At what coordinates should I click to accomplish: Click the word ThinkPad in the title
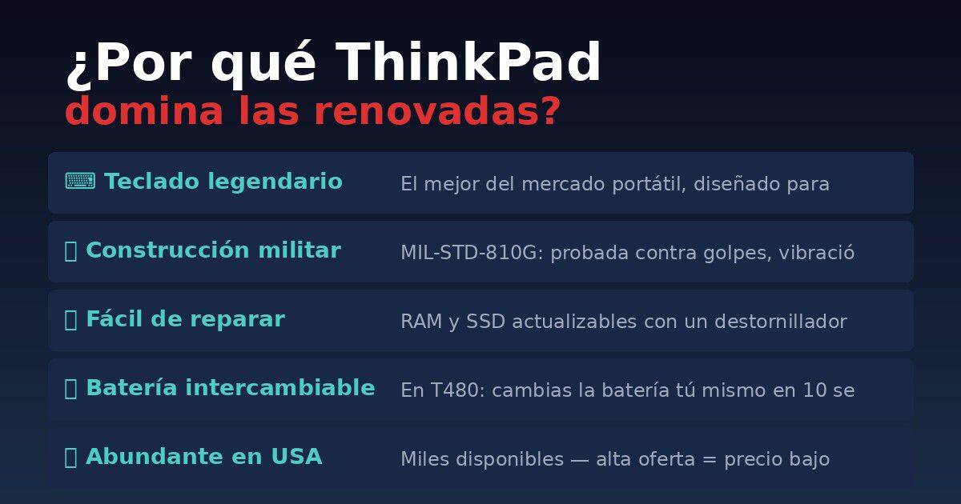coord(468,62)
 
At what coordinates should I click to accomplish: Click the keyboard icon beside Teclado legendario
coord(80,182)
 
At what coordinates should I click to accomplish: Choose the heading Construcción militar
coord(213,250)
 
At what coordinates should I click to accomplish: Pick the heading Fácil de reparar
coord(185,319)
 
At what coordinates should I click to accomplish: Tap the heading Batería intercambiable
coord(230,388)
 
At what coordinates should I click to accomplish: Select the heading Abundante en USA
coord(203,457)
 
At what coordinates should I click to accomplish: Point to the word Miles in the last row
coord(424,459)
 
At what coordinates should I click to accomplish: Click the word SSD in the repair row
coord(486,322)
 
